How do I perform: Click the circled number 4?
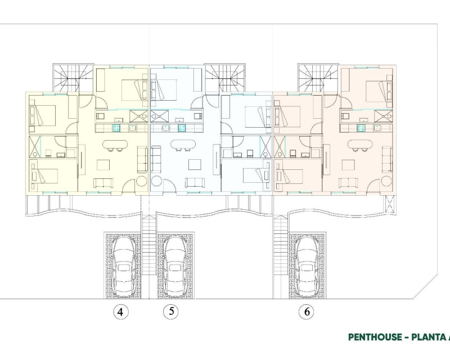point(121,312)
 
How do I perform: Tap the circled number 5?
point(171,312)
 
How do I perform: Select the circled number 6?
point(307,312)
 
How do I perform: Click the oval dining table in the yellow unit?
point(115,144)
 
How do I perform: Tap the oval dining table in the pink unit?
point(360,144)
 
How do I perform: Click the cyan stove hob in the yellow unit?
point(116,128)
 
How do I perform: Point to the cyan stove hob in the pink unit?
point(361,128)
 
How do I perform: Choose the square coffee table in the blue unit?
point(193,165)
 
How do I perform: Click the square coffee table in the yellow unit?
point(103,165)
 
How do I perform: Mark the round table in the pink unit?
point(386,182)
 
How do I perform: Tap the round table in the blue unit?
point(156,182)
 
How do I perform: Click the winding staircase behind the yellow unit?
point(74,78)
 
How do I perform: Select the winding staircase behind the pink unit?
point(318,78)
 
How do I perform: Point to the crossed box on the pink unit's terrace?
point(390,204)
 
